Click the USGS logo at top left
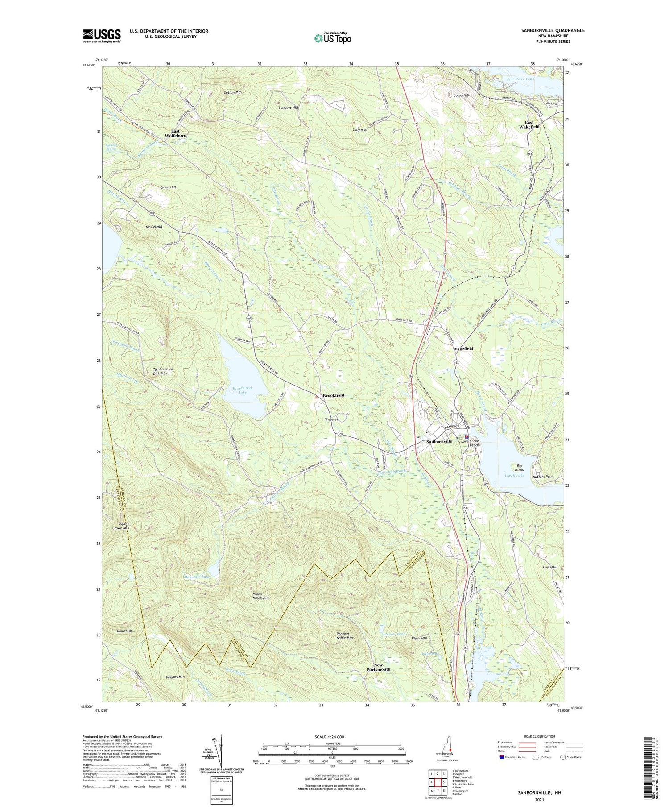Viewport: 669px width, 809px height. [x=102, y=36]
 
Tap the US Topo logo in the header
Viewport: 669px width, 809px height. [x=332, y=38]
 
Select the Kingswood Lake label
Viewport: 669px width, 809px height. [x=242, y=390]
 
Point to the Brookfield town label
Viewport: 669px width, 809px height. [x=333, y=395]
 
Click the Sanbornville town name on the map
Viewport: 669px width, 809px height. [x=439, y=441]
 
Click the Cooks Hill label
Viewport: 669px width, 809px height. [x=461, y=95]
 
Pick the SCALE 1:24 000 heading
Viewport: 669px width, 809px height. [x=332, y=737]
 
